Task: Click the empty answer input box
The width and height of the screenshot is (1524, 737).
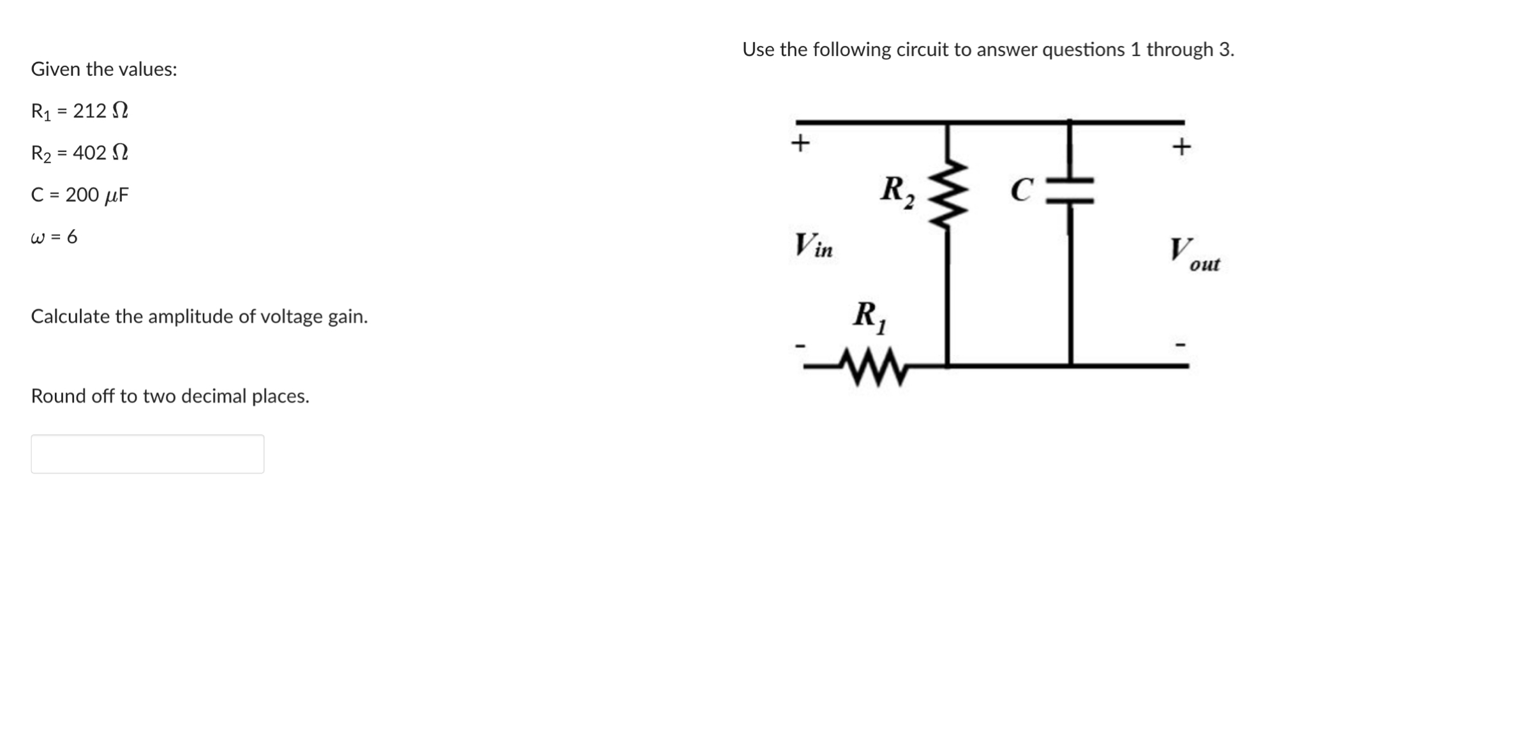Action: pyautogui.click(x=147, y=454)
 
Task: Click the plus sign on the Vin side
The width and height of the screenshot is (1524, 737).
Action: pyautogui.click(x=800, y=142)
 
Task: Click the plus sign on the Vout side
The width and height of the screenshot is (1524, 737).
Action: pyautogui.click(x=1181, y=147)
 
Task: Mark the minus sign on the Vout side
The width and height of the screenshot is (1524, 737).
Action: pyautogui.click(x=1181, y=345)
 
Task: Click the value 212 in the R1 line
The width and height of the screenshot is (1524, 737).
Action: pyautogui.click(x=89, y=111)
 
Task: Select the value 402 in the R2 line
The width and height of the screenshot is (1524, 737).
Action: pyautogui.click(x=89, y=153)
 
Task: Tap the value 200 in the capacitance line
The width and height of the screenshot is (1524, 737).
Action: pyautogui.click(x=82, y=195)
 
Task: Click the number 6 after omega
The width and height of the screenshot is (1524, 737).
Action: pyautogui.click(x=71, y=237)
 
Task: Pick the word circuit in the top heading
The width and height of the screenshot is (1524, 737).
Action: pyautogui.click(x=922, y=50)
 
